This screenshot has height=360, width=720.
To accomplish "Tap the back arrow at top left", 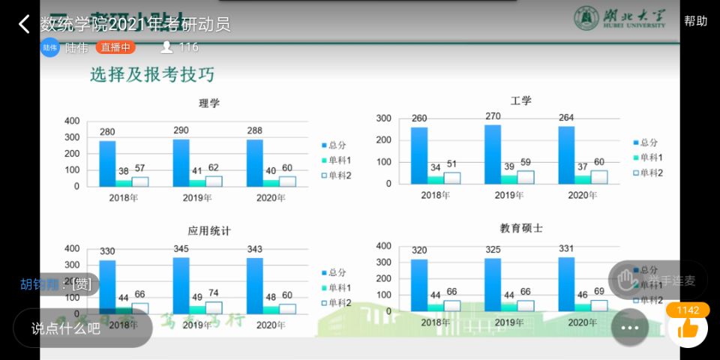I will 24,24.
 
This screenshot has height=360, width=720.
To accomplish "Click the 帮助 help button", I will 695,21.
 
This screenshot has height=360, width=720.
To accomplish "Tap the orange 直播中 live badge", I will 115,47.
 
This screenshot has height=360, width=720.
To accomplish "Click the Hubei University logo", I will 619,18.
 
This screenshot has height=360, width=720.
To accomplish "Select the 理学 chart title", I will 209,103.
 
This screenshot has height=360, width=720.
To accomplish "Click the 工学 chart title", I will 520,100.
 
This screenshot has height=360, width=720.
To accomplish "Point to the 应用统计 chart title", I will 209,230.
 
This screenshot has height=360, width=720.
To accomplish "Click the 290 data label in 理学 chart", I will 181,130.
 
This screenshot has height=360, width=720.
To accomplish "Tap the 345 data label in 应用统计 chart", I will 181,247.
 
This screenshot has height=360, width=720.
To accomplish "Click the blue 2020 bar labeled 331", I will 566,283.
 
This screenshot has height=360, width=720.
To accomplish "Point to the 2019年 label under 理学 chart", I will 197,198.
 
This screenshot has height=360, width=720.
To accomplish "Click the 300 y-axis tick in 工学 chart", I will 383,118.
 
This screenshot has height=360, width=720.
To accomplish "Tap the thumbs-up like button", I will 687,327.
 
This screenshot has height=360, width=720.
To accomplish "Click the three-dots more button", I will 629,328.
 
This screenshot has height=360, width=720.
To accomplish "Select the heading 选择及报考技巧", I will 152,75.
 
